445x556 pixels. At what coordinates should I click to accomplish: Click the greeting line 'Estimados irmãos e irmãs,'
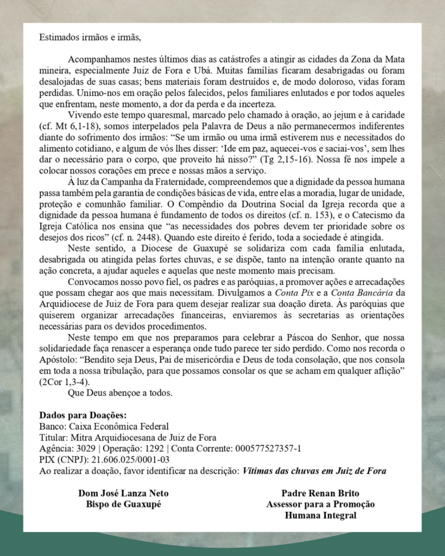[x=90, y=38]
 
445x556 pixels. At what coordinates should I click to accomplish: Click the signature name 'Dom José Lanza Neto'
[x=123, y=494]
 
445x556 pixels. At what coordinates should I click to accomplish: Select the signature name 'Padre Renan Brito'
[x=320, y=494]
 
